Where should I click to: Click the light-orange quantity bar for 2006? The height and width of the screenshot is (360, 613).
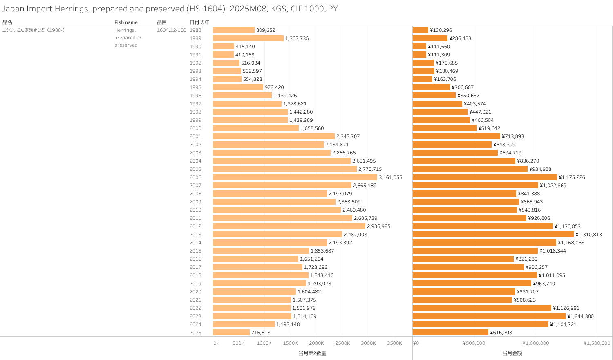pyautogui.click(x=295, y=177)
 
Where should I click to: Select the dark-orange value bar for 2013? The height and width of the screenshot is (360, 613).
pyautogui.click(x=493, y=235)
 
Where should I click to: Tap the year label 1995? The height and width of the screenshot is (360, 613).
pyautogui.click(x=195, y=87)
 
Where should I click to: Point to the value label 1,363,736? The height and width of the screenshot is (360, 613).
pyautogui.click(x=297, y=38)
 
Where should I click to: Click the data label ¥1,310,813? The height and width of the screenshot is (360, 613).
pyautogui.click(x=588, y=235)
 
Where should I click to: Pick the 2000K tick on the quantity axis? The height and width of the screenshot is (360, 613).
pyautogui.click(x=316, y=343)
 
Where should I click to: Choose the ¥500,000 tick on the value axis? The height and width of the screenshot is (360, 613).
pyautogui.click(x=474, y=343)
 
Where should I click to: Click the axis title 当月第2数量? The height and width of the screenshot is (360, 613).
pyautogui.click(x=312, y=353)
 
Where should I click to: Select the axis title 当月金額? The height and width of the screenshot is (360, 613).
pyautogui.click(x=512, y=353)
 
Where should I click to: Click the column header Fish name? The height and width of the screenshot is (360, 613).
pyautogui.click(x=126, y=22)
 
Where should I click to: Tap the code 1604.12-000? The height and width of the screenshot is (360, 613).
pyautogui.click(x=171, y=30)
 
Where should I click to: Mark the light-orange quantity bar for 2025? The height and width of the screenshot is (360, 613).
pyautogui.click(x=231, y=333)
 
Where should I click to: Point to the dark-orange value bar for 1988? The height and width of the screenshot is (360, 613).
pyautogui.click(x=420, y=30)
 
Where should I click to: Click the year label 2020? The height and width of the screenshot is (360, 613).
pyautogui.click(x=195, y=292)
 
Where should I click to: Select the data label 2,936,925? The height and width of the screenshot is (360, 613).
pyautogui.click(x=378, y=226)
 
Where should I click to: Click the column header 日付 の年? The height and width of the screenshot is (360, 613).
pyautogui.click(x=199, y=22)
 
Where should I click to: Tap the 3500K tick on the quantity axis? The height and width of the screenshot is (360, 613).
pyautogui.click(x=394, y=343)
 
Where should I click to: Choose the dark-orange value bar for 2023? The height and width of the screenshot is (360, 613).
pyautogui.click(x=489, y=316)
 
